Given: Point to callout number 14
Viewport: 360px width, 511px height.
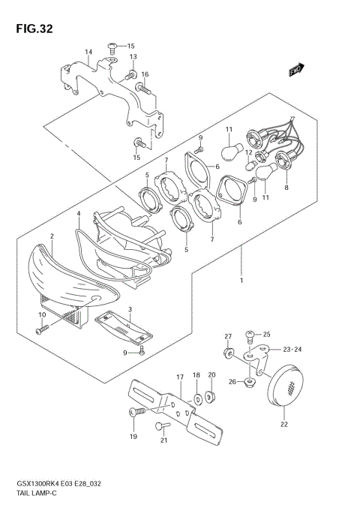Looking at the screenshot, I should (88, 52).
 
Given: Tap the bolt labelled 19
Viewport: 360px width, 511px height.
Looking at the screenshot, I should (136, 412).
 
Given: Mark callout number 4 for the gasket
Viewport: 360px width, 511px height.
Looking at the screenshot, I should (78, 213).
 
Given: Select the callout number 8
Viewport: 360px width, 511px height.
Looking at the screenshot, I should (286, 189).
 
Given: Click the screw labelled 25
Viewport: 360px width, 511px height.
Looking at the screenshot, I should (249, 334).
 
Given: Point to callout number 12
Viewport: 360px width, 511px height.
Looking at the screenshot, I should (249, 152).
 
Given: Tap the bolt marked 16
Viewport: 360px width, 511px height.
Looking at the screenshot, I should (142, 89).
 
